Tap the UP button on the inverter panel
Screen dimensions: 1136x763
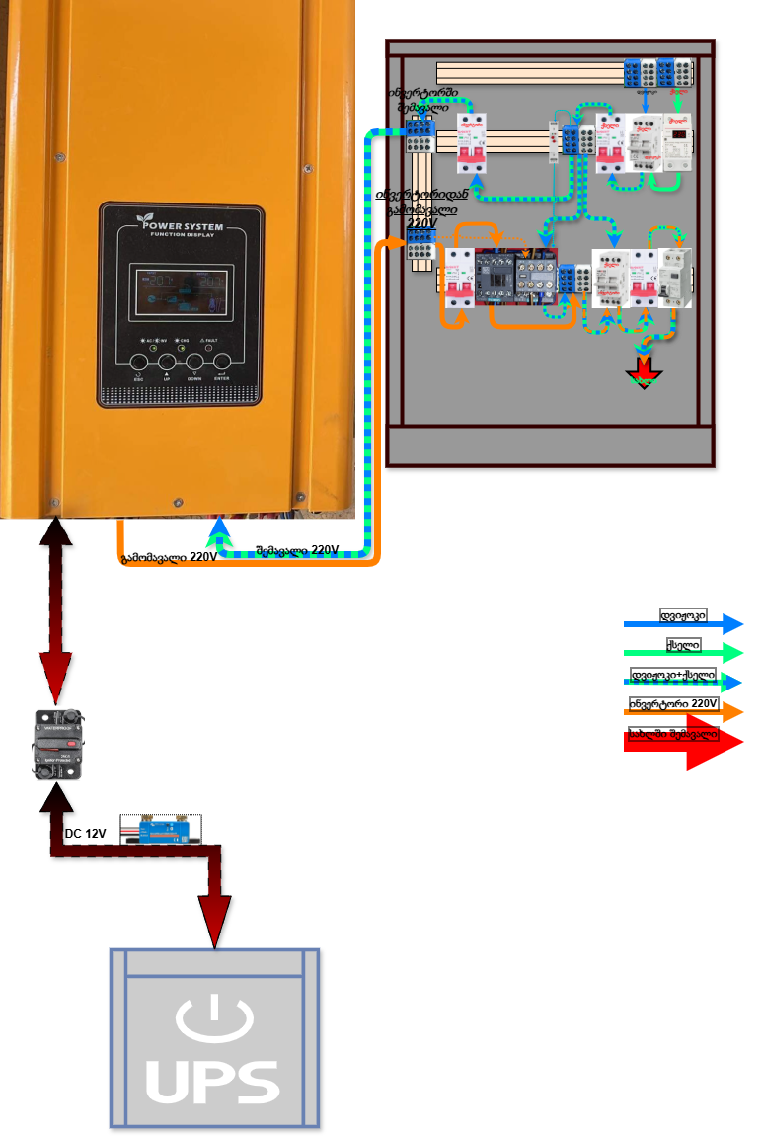(x=167, y=363)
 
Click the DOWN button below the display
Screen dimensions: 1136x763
(x=194, y=363)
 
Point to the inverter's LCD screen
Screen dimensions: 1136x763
(x=182, y=289)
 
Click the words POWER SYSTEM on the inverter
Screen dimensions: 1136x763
(x=180, y=226)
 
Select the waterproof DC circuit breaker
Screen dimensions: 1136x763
(x=57, y=743)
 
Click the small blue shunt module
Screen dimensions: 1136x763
(x=160, y=830)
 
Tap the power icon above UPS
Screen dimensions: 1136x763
(x=213, y=1018)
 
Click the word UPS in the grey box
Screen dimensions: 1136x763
(x=213, y=1083)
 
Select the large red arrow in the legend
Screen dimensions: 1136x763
(x=683, y=741)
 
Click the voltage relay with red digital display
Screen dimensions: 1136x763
(x=678, y=143)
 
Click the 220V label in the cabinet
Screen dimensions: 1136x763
(x=421, y=223)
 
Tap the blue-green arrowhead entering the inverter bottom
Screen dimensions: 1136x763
(x=219, y=533)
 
